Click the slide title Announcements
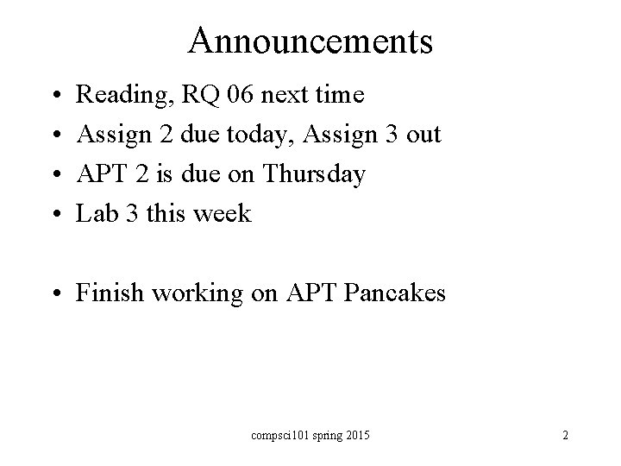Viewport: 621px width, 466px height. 310,41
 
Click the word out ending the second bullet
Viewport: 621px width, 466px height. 423,135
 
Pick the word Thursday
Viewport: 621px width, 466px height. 315,175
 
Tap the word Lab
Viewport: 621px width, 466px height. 96,214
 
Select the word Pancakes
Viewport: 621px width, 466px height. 395,293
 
